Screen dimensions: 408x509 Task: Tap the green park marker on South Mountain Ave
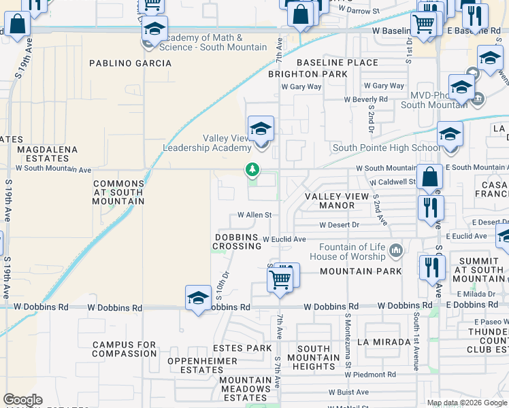252,169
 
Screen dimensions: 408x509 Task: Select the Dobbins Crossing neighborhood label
237,241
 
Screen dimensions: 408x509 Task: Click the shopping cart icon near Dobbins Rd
280,279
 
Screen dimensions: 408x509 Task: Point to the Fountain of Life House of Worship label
348,252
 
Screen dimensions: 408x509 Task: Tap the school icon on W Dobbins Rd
198,299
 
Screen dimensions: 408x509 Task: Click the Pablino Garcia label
131,63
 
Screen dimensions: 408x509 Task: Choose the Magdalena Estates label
47,154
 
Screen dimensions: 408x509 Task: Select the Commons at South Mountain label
118,192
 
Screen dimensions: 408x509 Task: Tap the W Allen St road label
255,215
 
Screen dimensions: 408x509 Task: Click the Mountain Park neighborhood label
355,271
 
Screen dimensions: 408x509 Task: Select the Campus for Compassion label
125,350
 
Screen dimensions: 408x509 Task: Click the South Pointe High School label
385,148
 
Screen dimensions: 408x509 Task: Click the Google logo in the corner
22,400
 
